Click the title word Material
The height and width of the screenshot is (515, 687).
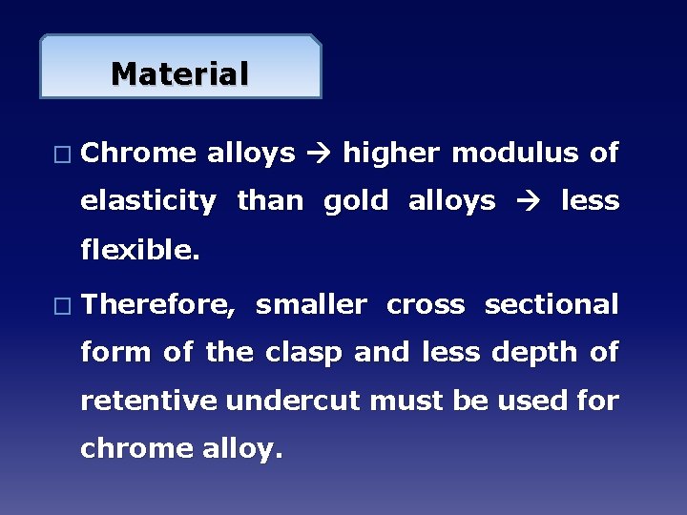(179, 73)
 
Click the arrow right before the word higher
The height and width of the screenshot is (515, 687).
(320, 154)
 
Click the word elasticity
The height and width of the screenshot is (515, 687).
(148, 201)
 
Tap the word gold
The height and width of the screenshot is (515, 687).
(356, 201)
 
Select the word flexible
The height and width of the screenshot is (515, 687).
(140, 250)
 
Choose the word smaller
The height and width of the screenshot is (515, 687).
(311, 305)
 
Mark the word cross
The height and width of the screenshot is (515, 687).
(426, 305)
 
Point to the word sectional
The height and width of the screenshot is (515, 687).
(552, 305)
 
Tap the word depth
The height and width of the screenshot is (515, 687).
(531, 353)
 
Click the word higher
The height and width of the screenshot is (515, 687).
(391, 153)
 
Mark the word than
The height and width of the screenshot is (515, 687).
(270, 201)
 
